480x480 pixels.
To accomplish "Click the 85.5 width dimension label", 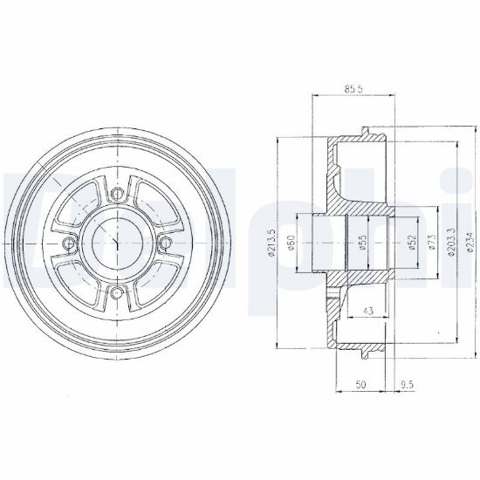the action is (353, 89).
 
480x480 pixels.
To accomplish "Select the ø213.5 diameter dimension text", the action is (271, 243).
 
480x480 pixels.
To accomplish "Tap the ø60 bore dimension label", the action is (291, 243).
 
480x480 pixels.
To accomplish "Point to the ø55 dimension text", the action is (363, 243).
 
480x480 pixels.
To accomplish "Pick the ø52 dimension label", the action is (412, 243).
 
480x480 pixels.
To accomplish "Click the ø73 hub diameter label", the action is (432, 243).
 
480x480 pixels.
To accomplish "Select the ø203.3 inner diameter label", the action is (451, 242).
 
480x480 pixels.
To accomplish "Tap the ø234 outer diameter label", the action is (470, 242).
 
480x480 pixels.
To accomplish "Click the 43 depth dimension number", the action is (368, 311).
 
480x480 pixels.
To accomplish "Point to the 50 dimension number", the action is (361, 384).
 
